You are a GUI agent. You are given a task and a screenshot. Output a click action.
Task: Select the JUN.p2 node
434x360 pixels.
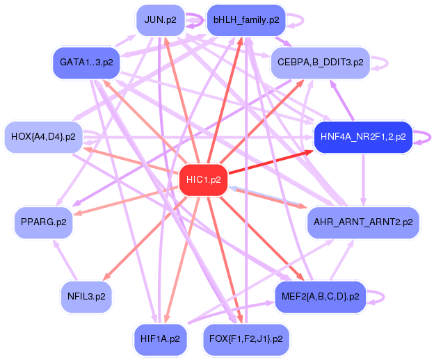(159, 19)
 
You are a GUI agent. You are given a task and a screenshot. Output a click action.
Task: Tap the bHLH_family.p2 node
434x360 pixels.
(246, 19)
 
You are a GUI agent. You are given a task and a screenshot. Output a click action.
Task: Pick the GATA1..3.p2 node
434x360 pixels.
(86, 63)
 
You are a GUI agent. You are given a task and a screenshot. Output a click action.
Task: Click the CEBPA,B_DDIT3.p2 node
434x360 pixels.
(320, 63)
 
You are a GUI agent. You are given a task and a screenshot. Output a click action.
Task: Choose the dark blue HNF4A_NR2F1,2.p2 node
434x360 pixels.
(363, 136)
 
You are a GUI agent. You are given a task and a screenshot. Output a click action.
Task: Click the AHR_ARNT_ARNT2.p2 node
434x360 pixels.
(363, 222)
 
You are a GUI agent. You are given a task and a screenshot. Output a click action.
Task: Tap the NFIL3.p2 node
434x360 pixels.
(86, 296)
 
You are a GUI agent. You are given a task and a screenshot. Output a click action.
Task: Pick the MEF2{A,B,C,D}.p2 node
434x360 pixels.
(320, 296)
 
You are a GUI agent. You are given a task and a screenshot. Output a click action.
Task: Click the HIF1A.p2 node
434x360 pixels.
(160, 339)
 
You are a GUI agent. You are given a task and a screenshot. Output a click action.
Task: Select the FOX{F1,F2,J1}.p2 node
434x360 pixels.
(246, 339)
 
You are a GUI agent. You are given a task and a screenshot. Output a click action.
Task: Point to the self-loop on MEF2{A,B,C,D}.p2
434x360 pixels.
(377, 296)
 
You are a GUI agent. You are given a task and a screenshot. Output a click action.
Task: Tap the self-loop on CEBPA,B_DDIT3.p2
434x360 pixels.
(380, 63)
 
